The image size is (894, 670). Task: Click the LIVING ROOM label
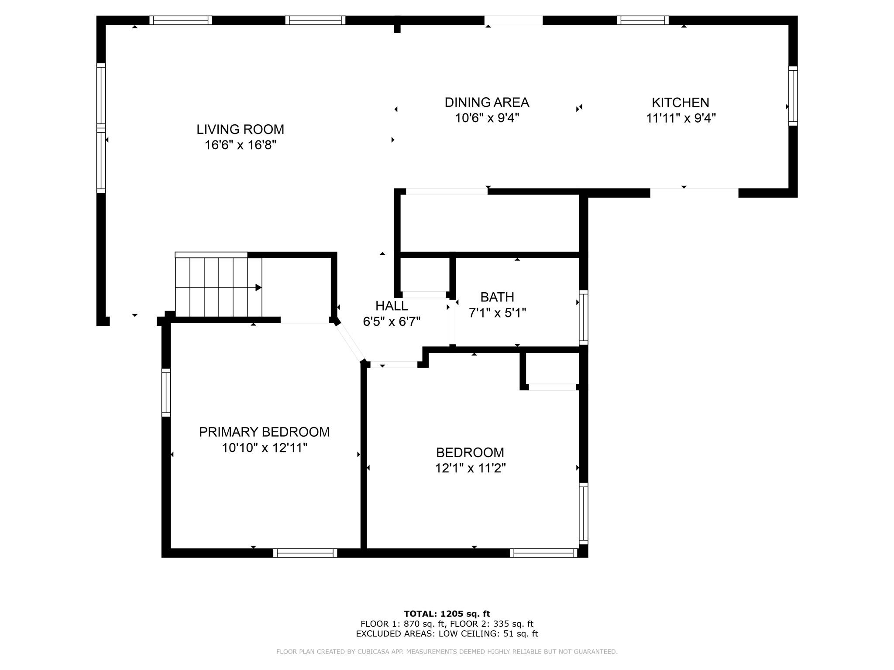(x=240, y=129)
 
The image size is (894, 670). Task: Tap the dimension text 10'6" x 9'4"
(x=487, y=118)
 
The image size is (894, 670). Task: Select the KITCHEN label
(x=680, y=103)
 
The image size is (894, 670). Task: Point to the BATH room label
(x=497, y=297)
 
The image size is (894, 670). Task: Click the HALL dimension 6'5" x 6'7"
(x=392, y=322)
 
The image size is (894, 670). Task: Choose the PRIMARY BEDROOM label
(x=264, y=432)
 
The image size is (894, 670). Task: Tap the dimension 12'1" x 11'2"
(x=470, y=468)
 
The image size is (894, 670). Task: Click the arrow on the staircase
(x=258, y=287)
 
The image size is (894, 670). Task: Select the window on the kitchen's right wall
(x=793, y=96)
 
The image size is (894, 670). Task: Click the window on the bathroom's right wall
(x=583, y=318)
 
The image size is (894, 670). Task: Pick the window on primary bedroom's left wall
(x=166, y=392)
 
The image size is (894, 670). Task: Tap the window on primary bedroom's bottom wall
(x=305, y=553)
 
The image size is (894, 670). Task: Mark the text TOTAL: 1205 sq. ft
(x=447, y=614)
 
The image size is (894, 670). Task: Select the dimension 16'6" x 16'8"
(x=240, y=145)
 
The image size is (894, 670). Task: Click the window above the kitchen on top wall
(x=642, y=20)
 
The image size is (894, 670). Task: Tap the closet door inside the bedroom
(x=552, y=387)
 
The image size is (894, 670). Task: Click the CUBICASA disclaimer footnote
(x=447, y=652)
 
